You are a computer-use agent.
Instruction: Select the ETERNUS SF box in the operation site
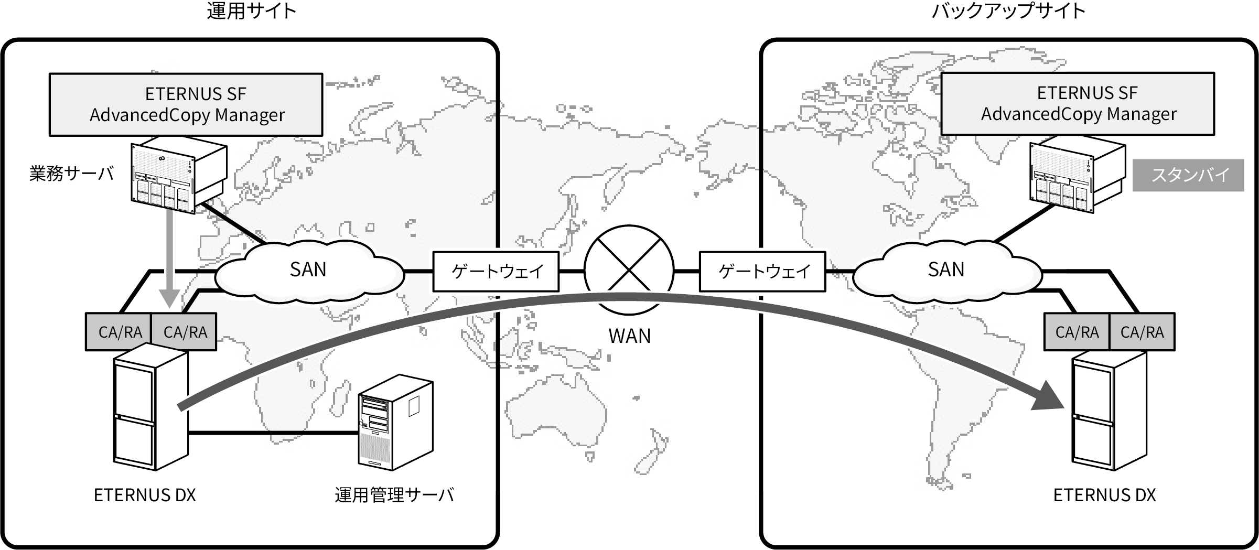click(186, 104)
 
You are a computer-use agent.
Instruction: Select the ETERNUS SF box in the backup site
click(1078, 104)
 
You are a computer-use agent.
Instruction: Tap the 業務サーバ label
click(71, 174)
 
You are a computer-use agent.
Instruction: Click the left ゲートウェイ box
click(496, 272)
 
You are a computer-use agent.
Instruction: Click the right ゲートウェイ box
click(762, 272)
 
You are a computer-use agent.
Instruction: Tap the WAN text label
click(629, 336)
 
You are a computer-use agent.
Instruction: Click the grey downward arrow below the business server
click(169, 257)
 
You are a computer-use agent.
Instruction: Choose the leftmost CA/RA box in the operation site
click(119, 332)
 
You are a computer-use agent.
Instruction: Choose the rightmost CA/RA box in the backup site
click(1142, 332)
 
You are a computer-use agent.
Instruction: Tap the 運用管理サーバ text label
click(394, 495)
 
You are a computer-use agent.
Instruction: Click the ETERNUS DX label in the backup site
click(1104, 495)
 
